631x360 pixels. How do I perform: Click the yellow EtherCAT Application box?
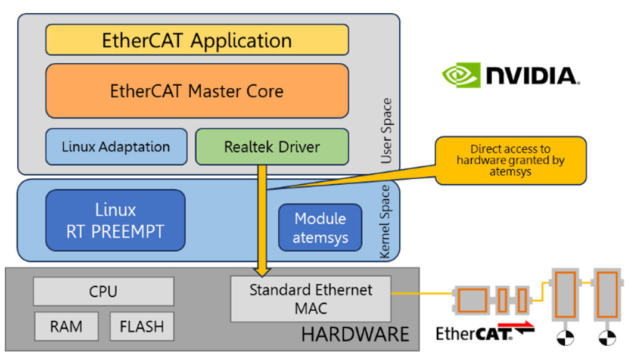coord(197,41)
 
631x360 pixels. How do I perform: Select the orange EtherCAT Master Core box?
coord(197,91)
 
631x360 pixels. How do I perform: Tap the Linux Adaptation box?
coord(116,147)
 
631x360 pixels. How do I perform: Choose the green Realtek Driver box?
coord(272,147)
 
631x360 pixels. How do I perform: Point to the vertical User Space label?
coord(387,131)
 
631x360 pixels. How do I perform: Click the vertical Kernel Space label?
coord(386,222)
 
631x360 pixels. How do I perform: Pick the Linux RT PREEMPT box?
coord(115,221)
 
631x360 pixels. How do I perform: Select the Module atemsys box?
coord(320,228)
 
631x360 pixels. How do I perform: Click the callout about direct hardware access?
coord(510,160)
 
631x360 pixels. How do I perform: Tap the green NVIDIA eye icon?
coord(461,76)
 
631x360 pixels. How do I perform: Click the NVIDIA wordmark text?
coord(531,76)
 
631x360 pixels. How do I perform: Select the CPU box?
coord(103,291)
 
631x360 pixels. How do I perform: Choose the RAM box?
coord(66,327)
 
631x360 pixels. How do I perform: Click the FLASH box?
coord(142,327)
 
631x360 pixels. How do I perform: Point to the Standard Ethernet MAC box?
coord(310,299)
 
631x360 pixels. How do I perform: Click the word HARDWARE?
coord(355,334)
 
